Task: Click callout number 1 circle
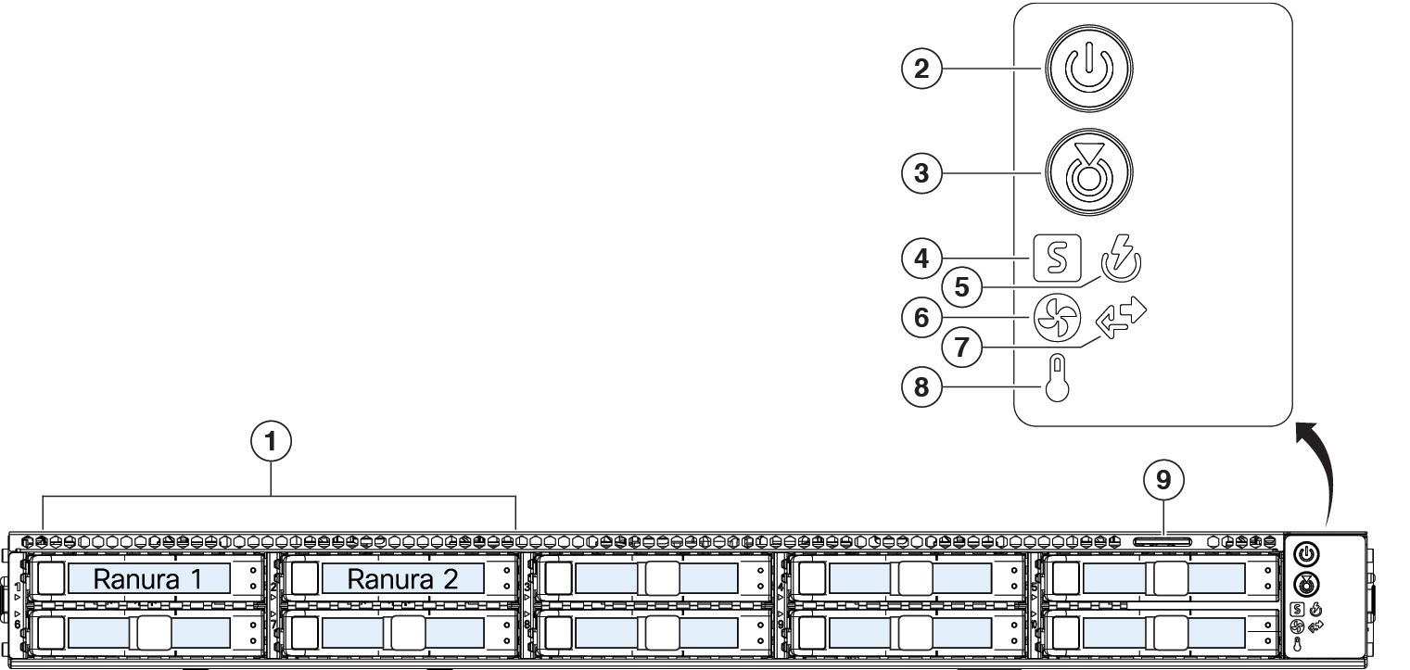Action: pos(272,442)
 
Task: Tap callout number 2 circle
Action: pos(921,69)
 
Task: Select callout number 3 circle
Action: pos(921,173)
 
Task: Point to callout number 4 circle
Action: pos(921,259)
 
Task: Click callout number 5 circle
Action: pos(962,287)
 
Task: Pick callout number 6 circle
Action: pos(921,318)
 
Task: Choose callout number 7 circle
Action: pos(962,347)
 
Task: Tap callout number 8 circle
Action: pos(921,387)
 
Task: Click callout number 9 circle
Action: pos(1163,481)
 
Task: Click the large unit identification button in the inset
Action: pos(1089,172)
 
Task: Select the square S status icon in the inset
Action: pos(1057,258)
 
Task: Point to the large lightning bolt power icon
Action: pos(1121,259)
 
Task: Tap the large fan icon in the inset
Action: pos(1057,318)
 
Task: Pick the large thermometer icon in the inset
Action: pos(1057,377)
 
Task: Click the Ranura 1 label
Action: pos(148,579)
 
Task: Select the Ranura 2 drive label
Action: pos(402,579)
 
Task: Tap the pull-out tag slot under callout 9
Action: pos(1162,542)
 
